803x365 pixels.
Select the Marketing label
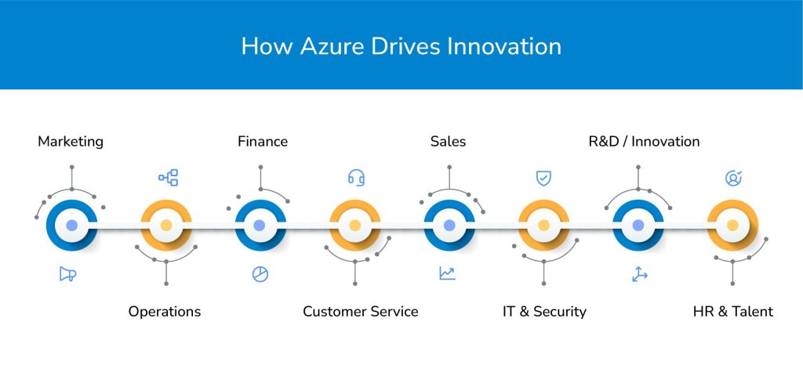coord(71,142)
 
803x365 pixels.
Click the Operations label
coord(165,311)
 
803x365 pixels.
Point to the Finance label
coord(263,142)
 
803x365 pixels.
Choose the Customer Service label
coord(361,311)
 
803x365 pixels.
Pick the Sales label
coord(448,142)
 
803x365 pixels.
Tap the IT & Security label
coord(544,311)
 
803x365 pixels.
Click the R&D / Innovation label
coord(645,142)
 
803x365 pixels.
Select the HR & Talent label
coord(733,311)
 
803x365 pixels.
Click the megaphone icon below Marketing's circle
coord(67,274)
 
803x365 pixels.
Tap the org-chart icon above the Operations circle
coord(169,178)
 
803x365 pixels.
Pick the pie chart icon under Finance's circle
coord(260,274)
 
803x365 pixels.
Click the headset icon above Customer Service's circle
coord(357,178)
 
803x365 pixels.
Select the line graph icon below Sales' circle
coord(447,274)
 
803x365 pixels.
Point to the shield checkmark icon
coord(544,178)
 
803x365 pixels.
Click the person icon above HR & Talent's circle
coord(733,178)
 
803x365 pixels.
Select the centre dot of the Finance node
coord(260,226)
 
